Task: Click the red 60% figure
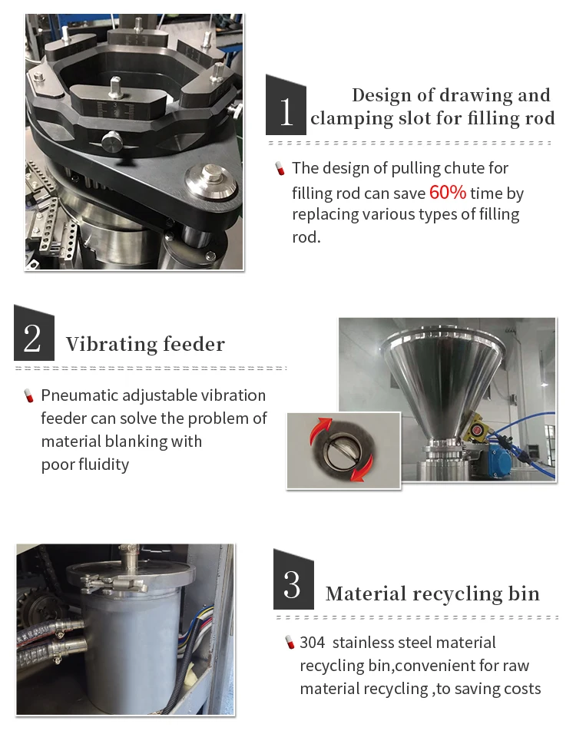448,192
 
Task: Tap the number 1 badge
286,105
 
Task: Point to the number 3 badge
293,580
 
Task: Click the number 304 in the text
313,642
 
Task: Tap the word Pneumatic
79,395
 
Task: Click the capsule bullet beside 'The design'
280,168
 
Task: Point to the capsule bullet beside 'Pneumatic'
29,395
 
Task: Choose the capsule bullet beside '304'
290,642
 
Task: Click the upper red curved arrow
321,428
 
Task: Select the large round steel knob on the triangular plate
210,180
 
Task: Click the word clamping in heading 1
353,119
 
